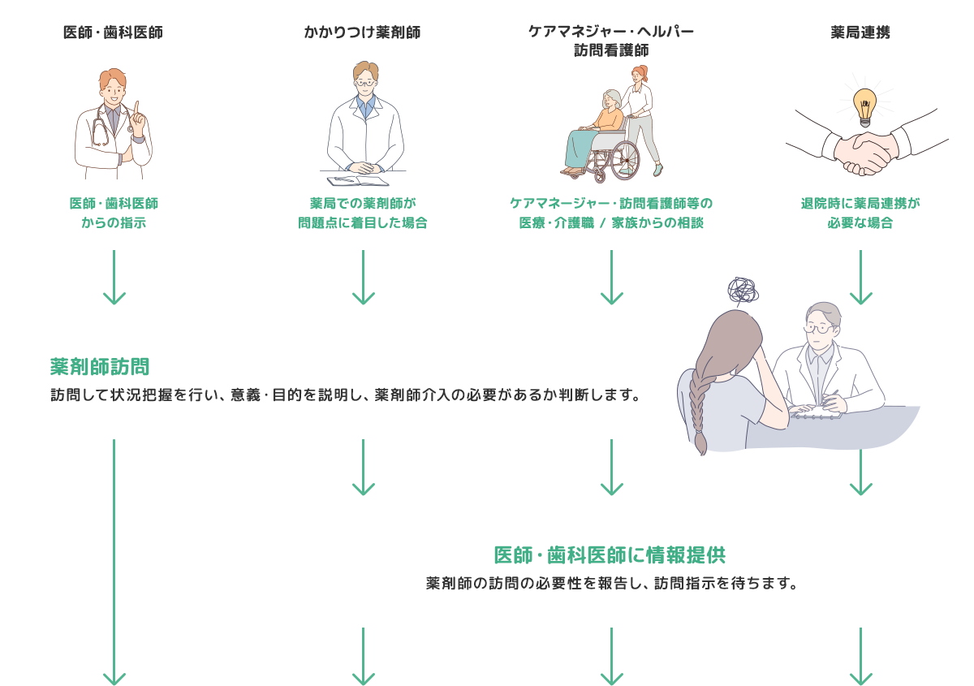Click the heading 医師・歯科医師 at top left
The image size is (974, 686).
point(113,32)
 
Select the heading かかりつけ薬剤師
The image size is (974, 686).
point(362,32)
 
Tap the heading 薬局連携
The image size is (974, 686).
point(860,32)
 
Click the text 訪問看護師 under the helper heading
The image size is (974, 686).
point(611,50)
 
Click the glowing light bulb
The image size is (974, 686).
point(865,107)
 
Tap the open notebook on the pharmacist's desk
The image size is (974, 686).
point(357,181)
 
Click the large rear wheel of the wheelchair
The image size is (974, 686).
point(625,161)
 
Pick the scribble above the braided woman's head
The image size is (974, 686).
point(743,290)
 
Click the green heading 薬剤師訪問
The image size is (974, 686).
point(100,366)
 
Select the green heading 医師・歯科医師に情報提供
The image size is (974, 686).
point(610,555)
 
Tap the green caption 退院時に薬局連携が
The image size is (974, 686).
point(860,203)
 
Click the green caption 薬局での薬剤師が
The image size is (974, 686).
point(363,203)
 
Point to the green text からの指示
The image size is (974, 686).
point(114,222)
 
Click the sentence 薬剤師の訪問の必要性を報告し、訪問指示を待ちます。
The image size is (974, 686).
point(611,583)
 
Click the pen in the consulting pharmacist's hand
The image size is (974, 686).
point(830,398)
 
